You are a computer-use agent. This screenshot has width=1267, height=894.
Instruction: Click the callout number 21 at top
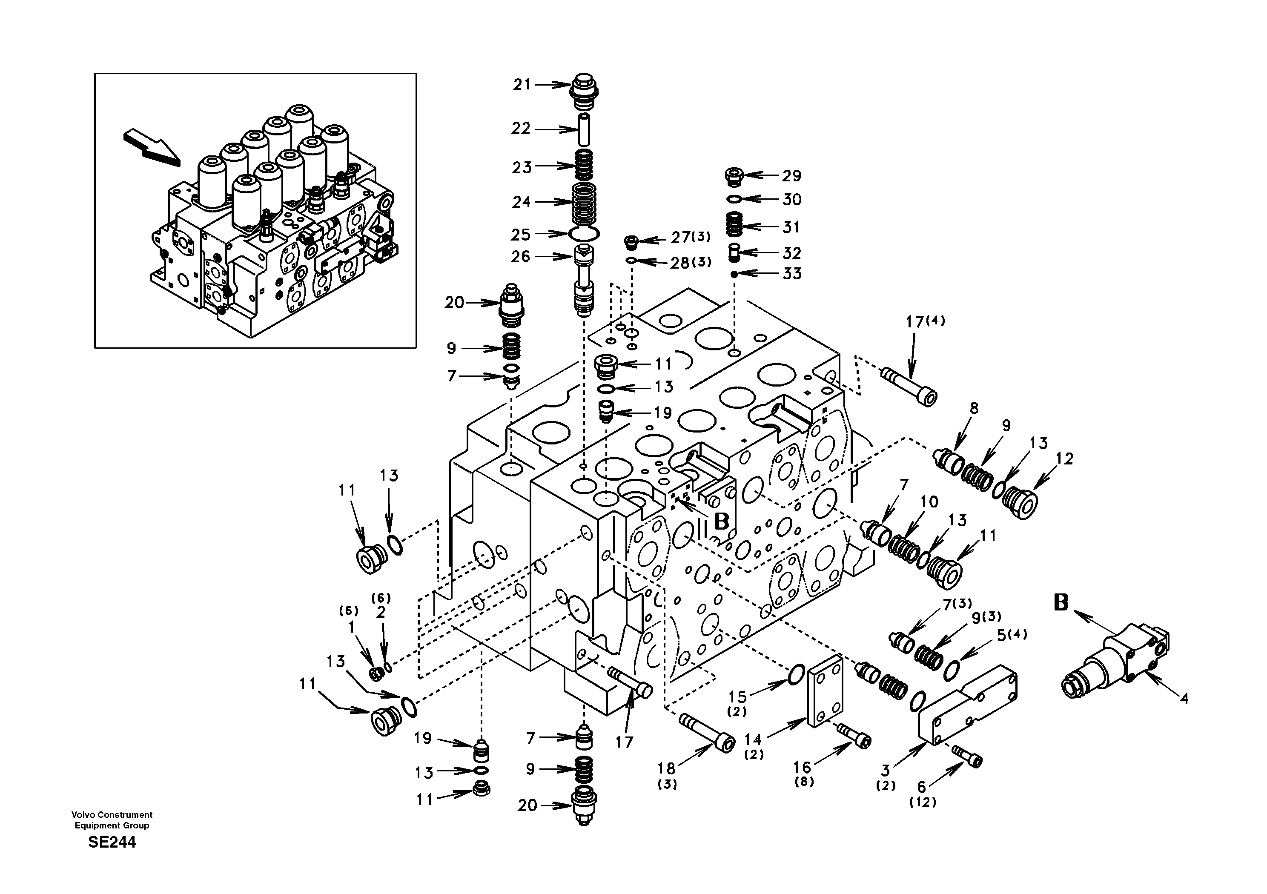tap(522, 84)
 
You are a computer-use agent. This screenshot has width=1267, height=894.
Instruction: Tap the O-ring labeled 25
tap(583, 234)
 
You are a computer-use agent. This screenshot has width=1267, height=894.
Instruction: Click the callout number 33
tap(792, 274)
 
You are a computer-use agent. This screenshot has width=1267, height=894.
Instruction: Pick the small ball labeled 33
tap(734, 274)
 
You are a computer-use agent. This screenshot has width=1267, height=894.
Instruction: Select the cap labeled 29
tap(734, 177)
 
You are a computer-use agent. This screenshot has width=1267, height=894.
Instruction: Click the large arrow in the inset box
tap(152, 147)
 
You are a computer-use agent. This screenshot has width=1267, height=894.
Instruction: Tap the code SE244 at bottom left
tap(112, 842)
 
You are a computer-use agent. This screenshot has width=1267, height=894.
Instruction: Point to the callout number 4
tap(1183, 699)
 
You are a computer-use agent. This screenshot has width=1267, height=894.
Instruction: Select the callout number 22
tap(520, 129)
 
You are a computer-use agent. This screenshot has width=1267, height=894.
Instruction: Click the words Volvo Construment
tap(112, 814)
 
